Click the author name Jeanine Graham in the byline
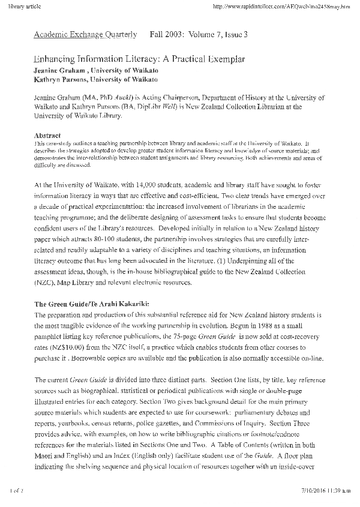59,70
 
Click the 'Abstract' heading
47,136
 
